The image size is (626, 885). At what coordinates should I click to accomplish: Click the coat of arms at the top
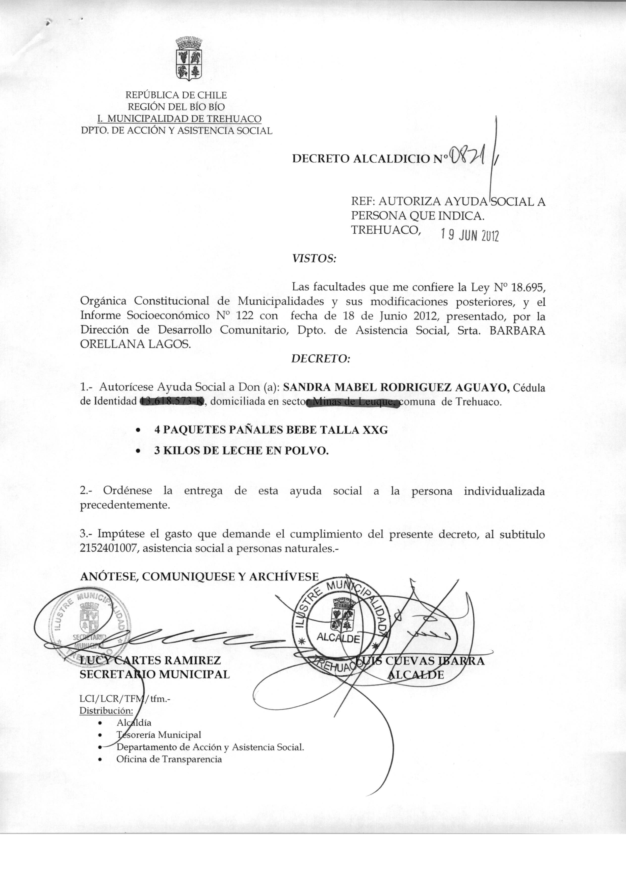point(189,59)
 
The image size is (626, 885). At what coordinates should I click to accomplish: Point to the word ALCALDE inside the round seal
point(338,637)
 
